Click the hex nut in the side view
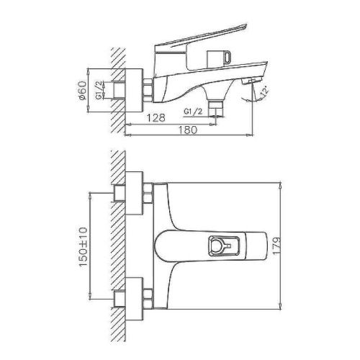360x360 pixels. click(148, 89)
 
